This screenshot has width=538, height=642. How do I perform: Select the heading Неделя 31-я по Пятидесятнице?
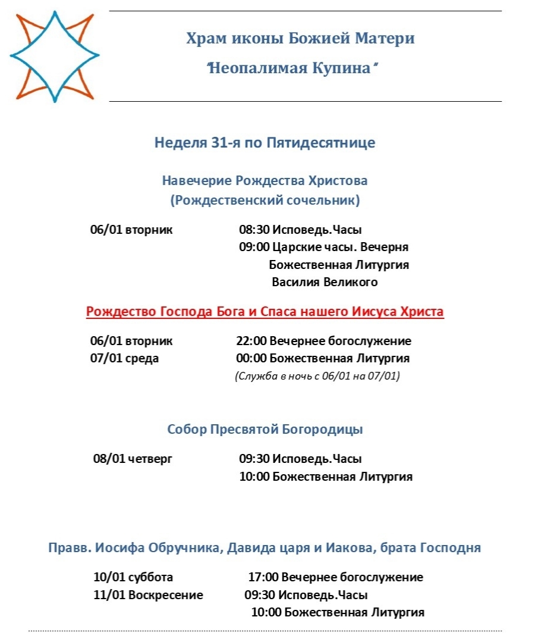click(265, 143)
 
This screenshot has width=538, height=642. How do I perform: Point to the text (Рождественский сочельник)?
click(265, 201)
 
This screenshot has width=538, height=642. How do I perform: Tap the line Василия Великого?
click(325, 282)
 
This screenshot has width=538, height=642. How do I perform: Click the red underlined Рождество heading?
click(265, 312)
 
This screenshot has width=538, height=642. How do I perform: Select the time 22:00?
click(251, 342)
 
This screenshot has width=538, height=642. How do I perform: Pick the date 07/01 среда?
click(124, 359)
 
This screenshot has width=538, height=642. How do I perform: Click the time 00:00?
click(251, 359)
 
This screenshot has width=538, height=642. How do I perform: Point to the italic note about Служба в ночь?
click(317, 376)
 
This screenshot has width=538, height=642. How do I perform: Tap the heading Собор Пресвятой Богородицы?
click(265, 430)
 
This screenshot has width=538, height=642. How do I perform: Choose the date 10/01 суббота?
click(133, 578)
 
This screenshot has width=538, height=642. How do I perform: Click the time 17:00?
click(263, 578)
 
